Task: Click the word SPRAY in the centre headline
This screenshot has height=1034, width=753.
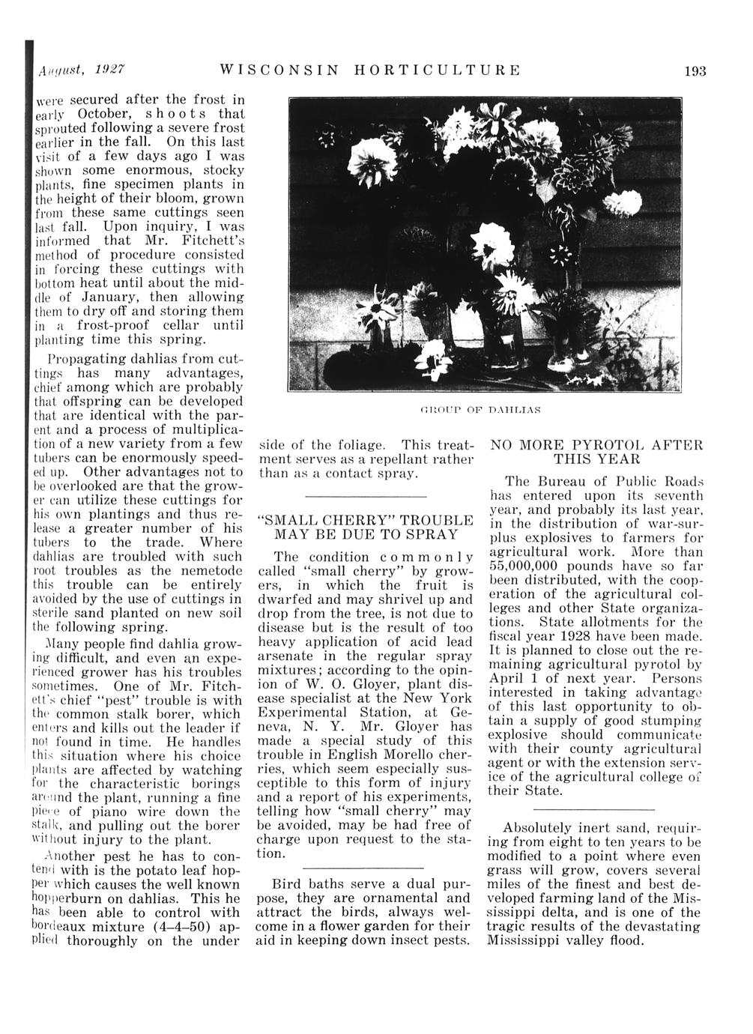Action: [431, 534]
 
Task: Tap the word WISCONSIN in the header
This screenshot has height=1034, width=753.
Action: [275, 71]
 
